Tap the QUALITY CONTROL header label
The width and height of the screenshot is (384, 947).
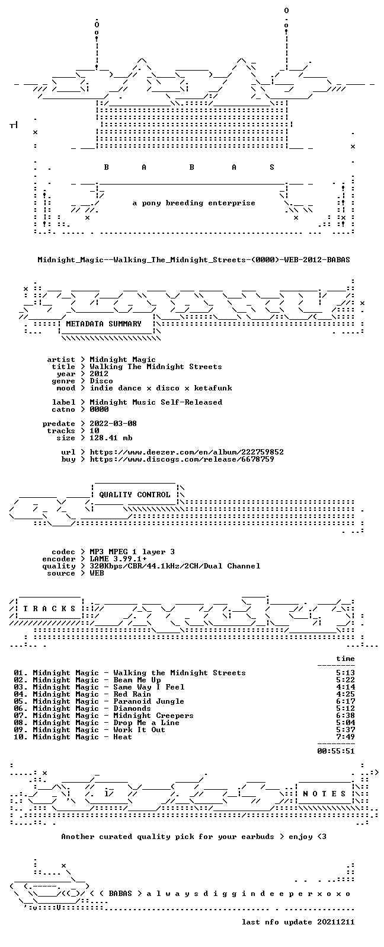(x=135, y=495)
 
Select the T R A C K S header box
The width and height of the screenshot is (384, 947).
(x=49, y=609)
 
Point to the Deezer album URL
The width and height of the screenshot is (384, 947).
(x=187, y=452)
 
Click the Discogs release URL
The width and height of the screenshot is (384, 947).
(x=182, y=459)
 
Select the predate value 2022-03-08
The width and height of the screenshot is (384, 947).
(x=113, y=424)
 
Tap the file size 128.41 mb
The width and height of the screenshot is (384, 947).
(x=111, y=438)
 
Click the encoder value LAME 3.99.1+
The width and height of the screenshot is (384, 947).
(x=119, y=559)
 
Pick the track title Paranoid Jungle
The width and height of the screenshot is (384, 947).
(x=149, y=701)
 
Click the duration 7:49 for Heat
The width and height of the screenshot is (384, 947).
(x=345, y=737)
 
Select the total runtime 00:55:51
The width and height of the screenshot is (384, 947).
(x=336, y=751)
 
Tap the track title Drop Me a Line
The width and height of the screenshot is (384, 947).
(x=146, y=723)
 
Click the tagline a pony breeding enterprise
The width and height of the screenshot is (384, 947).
(x=194, y=204)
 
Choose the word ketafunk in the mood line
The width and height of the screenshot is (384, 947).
(x=213, y=388)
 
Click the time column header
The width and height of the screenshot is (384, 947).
(x=345, y=659)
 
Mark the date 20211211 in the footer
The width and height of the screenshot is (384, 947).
(x=336, y=922)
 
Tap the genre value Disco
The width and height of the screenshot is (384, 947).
(x=101, y=381)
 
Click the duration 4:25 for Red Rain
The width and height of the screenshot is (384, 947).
(x=345, y=694)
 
